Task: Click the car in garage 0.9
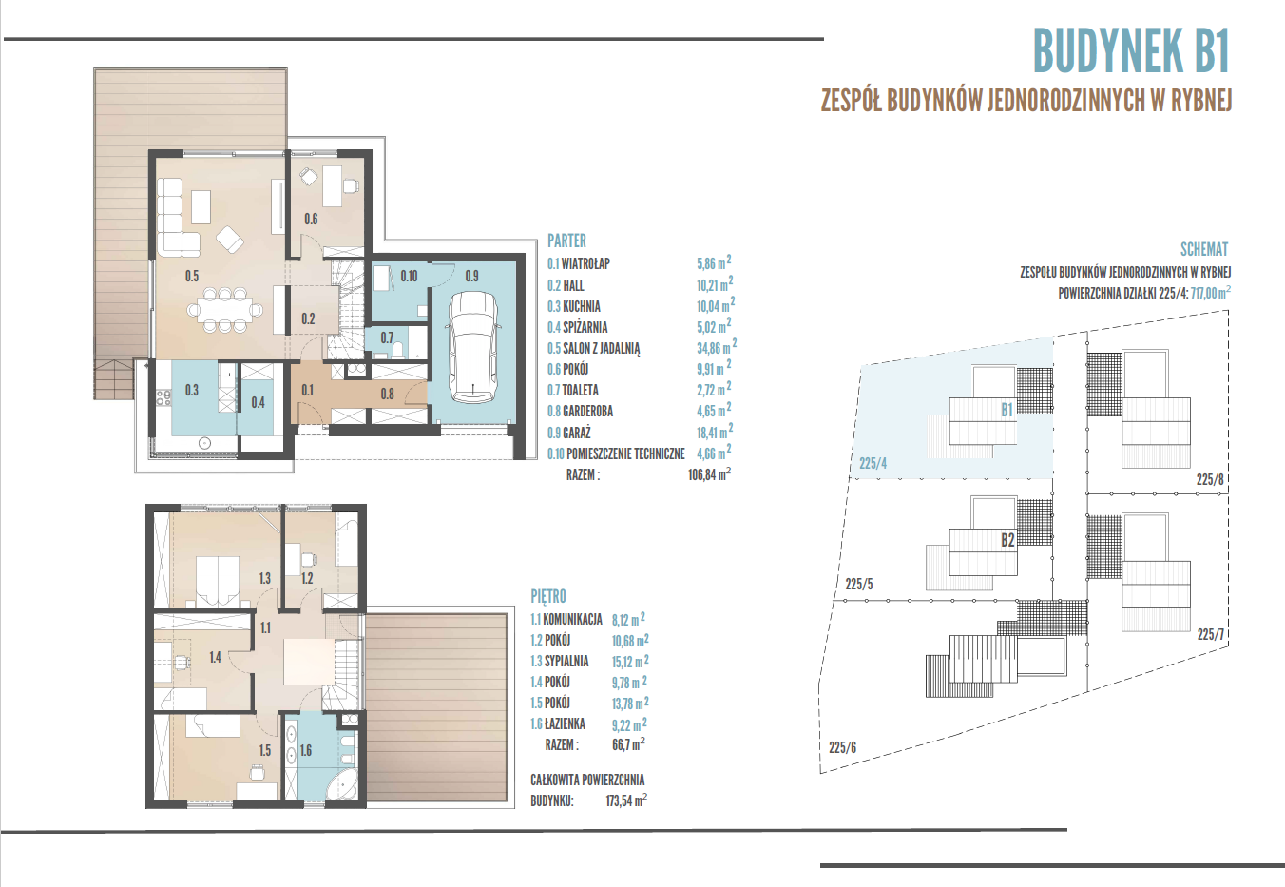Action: (472, 348)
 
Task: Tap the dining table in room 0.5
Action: (224, 310)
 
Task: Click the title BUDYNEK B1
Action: (1132, 51)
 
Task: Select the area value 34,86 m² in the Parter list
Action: (717, 347)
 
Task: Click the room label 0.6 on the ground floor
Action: (311, 219)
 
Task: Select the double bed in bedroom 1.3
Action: (218, 581)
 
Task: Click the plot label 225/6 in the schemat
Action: (842, 747)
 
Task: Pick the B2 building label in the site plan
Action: (1007, 540)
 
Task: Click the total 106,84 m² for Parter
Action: (710, 474)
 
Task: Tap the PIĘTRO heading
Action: (547, 596)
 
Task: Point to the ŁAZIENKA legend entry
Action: (558, 724)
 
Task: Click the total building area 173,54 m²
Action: (626, 800)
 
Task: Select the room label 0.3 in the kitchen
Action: (192, 390)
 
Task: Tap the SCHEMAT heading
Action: (1204, 249)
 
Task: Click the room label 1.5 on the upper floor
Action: (264, 750)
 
